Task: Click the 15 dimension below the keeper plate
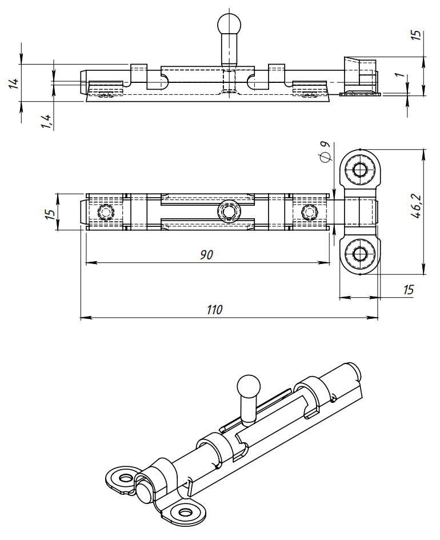point(408,290)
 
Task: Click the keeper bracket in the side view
point(360,77)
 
